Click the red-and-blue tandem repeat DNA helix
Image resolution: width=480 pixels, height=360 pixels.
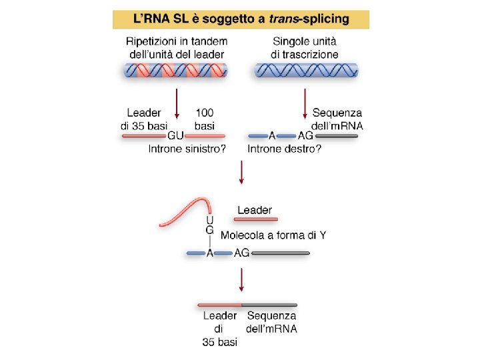[175, 70]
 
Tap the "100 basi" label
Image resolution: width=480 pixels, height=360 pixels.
[205, 119]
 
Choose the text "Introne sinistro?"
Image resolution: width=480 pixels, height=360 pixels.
[187, 149]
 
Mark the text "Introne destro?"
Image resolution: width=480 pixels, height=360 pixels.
[284, 149]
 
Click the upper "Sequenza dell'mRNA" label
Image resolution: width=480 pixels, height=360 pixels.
[337, 119]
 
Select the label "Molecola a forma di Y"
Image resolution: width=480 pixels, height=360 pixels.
[273, 235]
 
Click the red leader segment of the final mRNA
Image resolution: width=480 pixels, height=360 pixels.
[219, 305]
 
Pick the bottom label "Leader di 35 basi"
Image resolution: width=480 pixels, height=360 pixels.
[219, 329]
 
